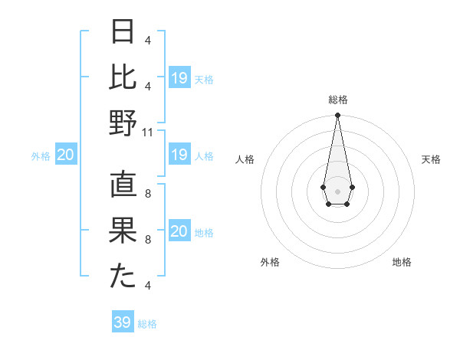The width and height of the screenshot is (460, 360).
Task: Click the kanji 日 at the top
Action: coord(123,32)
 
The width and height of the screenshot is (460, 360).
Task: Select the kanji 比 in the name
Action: coord(123,77)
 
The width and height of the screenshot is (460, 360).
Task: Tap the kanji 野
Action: coord(123,123)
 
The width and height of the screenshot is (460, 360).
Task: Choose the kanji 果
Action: coord(123,231)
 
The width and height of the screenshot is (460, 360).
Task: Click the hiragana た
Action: coord(123,277)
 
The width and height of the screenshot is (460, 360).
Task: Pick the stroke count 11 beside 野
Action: coord(148,132)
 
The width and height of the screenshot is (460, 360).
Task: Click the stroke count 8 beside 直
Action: coord(148,194)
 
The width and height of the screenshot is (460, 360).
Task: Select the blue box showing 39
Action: coord(123,322)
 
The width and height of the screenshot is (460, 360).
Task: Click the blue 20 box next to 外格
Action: coord(65,155)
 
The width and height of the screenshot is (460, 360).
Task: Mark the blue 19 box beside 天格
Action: coord(179,78)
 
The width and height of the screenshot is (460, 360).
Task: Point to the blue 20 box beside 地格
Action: coord(179,231)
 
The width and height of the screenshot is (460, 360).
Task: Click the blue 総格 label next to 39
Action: coord(147,324)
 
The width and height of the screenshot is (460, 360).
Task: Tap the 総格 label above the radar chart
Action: coord(337,100)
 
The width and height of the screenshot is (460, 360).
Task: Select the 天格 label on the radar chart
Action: coord(431,159)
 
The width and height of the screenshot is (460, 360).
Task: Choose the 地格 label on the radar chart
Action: coord(402,262)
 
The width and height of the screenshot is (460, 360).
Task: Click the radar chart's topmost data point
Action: coord(337,116)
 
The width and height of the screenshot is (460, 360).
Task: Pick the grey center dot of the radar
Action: coord(337,190)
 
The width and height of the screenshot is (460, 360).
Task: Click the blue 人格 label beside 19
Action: coord(204,156)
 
